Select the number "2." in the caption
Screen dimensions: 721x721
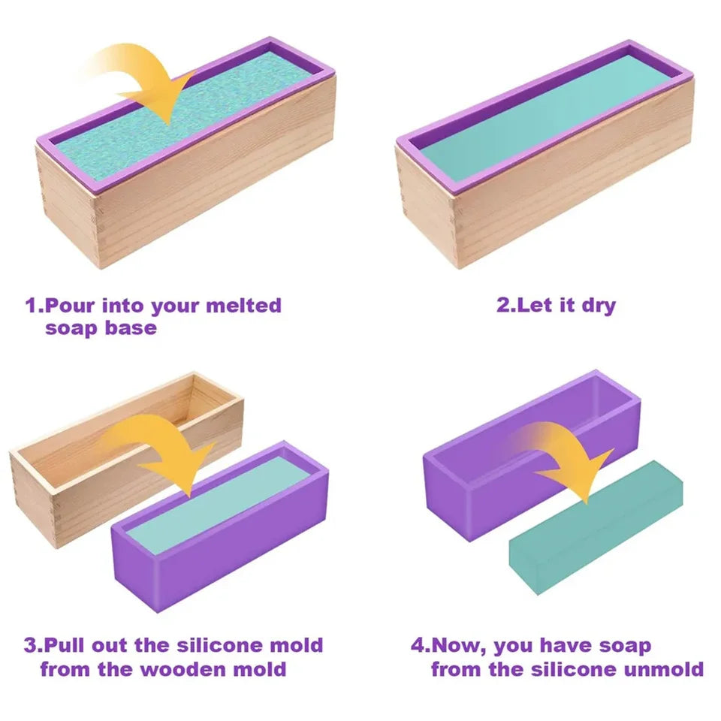click(505, 306)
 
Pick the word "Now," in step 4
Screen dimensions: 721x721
click(461, 645)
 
